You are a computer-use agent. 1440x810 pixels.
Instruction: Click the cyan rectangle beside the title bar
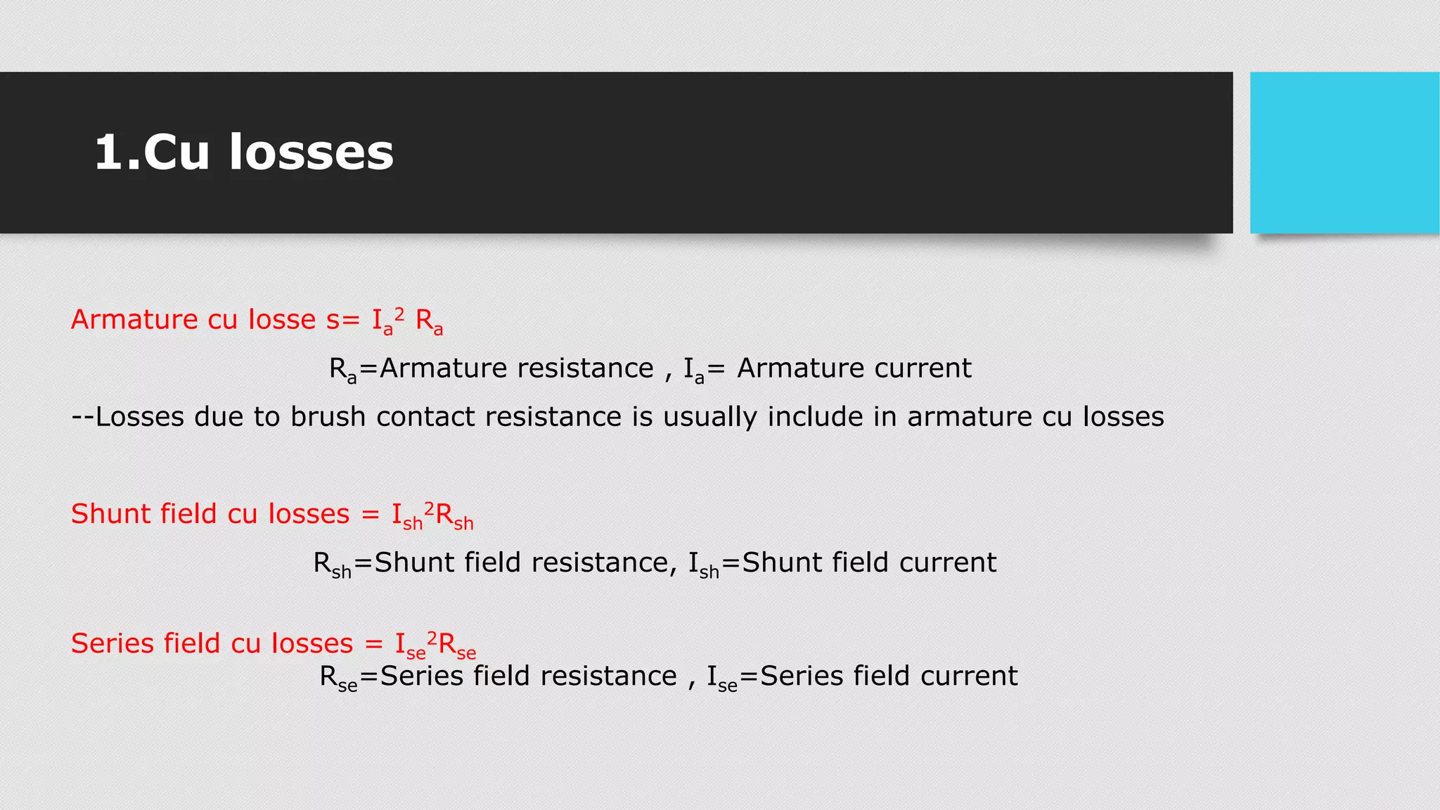(x=1344, y=152)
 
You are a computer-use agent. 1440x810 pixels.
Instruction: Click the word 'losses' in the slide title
(x=311, y=152)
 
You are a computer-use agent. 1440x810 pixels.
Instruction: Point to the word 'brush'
(x=328, y=417)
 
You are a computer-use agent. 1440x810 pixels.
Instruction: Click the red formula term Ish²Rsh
(x=432, y=516)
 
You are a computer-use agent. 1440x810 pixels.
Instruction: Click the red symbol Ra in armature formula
(x=429, y=322)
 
